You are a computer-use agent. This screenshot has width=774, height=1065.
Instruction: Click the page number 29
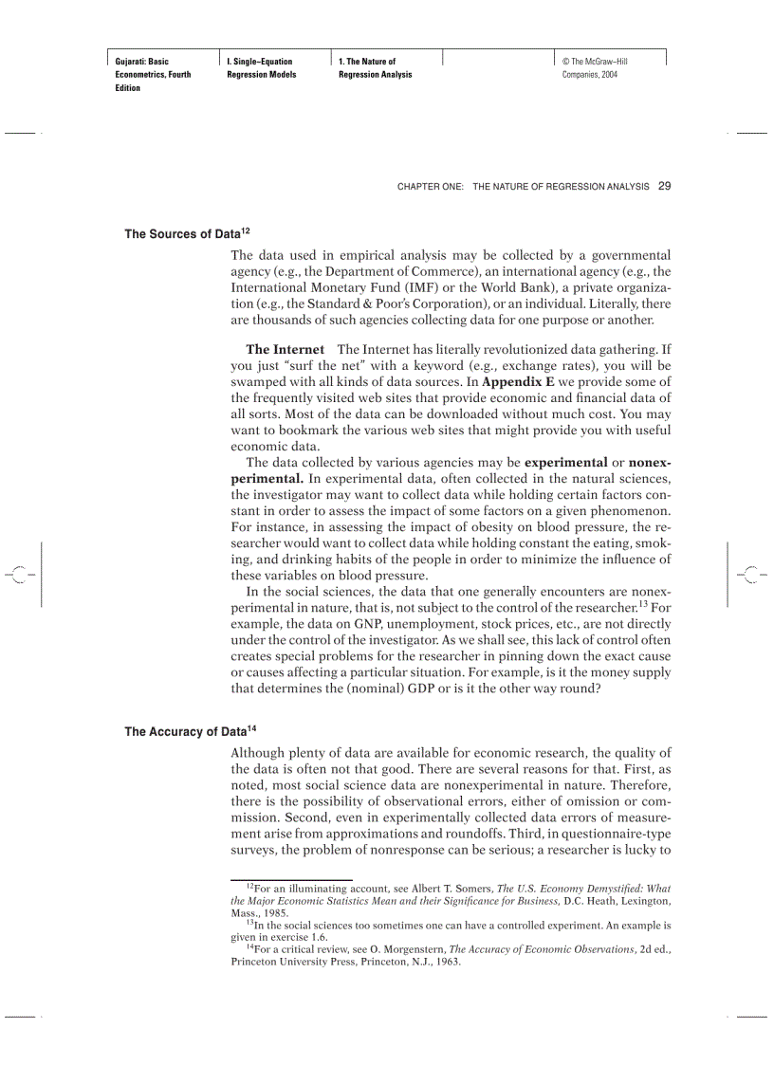point(664,186)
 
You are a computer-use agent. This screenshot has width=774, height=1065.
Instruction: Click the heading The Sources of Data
point(182,234)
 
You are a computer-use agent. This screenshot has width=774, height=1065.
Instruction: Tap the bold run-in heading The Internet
point(285,350)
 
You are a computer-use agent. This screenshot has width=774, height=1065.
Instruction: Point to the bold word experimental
point(566,463)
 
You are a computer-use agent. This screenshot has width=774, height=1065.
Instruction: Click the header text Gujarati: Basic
point(142,62)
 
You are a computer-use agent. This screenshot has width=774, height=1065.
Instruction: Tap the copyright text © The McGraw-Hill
point(595,62)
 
